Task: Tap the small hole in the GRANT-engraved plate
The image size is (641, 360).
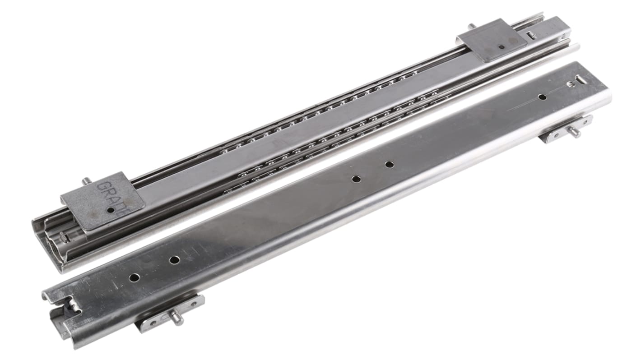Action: (x=111, y=210)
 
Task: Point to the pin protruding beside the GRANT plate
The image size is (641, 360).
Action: (x=85, y=181)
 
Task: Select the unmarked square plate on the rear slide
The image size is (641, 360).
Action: (x=492, y=40)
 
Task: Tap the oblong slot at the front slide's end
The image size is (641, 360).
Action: (x=581, y=80)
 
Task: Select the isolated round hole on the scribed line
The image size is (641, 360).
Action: (x=542, y=97)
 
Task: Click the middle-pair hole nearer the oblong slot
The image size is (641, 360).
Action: (x=389, y=164)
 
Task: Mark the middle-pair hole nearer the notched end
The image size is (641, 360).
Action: (x=356, y=179)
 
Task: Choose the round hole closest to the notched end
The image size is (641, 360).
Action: (x=134, y=277)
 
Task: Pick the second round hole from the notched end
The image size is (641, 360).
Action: (x=174, y=260)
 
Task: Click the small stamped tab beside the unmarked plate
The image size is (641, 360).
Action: (x=532, y=34)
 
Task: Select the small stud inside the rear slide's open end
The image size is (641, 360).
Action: (x=64, y=237)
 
